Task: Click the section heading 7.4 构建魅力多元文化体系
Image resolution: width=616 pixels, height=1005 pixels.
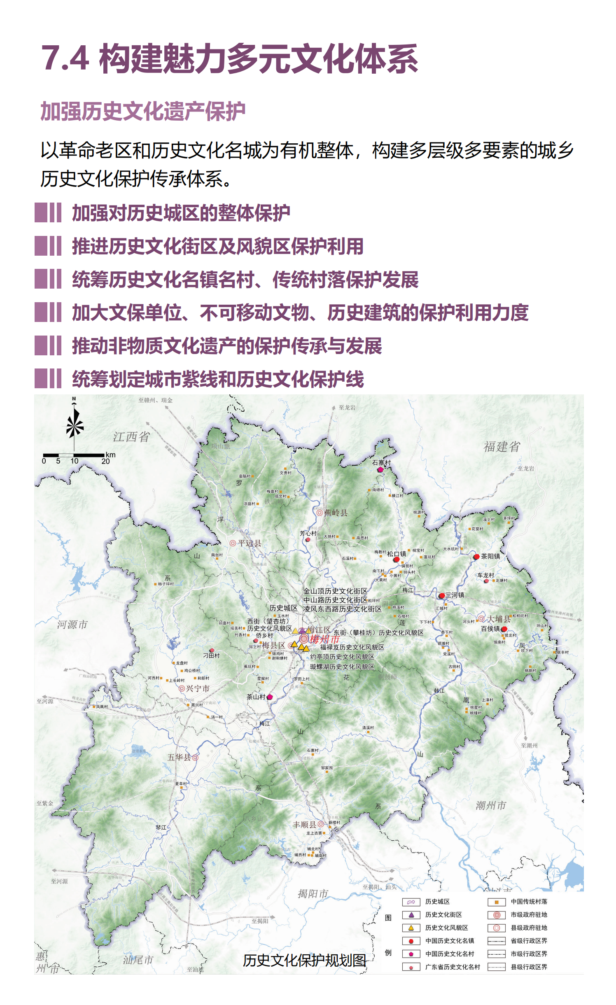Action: click(229, 59)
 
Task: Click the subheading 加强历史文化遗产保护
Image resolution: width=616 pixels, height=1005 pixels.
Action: click(143, 111)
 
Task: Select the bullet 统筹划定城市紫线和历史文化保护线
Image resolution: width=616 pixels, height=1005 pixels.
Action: click(218, 379)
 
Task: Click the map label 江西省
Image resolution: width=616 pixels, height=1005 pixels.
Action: click(131, 437)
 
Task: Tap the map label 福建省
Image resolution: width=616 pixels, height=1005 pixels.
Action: click(502, 447)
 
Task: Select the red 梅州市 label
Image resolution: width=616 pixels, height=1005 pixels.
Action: click(324, 639)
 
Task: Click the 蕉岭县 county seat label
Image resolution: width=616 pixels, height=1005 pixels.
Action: click(336, 513)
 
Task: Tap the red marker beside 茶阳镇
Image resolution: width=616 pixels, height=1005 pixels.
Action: click(476, 557)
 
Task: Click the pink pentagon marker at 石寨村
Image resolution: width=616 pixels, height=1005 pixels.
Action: click(380, 469)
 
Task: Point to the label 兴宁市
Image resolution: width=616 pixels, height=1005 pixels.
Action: click(198, 688)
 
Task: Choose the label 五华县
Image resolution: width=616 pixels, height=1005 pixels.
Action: click(179, 757)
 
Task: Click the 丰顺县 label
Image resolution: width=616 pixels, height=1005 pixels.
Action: click(304, 825)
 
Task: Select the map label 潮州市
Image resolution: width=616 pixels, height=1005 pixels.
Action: click(491, 805)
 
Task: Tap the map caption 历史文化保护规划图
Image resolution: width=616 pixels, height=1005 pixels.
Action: click(304, 961)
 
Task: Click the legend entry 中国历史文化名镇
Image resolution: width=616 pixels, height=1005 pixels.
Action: click(450, 941)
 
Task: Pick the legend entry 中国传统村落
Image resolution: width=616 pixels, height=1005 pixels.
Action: click(529, 902)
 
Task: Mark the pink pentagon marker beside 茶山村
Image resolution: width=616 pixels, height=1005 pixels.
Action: click(270, 697)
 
